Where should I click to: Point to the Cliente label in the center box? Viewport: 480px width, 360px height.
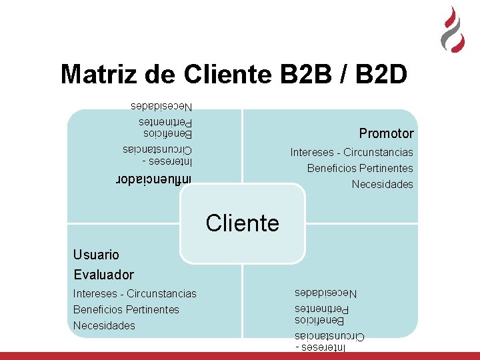pyautogui.click(x=242, y=223)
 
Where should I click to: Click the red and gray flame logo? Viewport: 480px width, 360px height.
pyautogui.click(x=453, y=30)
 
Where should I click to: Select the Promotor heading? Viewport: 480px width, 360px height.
pyautogui.click(x=386, y=133)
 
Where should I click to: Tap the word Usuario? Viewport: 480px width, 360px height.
pyautogui.click(x=97, y=255)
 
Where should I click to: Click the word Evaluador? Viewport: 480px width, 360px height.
pyautogui.click(x=103, y=275)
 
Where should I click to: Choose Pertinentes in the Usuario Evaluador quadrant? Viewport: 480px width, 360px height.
pyautogui.click(x=153, y=310)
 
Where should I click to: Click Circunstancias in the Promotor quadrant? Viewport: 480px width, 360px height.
pyautogui.click(x=378, y=153)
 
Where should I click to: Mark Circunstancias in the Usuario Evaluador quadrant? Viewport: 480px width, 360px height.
pyautogui.click(x=161, y=293)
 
